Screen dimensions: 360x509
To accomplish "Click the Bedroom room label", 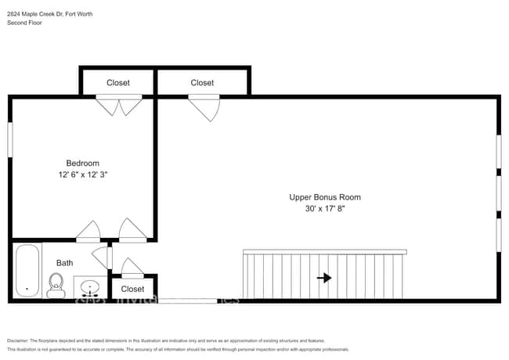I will coord(82,163).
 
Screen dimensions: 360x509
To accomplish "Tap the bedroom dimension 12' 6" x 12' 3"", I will coord(82,175).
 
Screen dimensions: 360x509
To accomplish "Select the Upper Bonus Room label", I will coord(325,197).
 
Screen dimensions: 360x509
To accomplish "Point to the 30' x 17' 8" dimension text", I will coord(325,209).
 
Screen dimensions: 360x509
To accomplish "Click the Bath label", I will coord(64,264).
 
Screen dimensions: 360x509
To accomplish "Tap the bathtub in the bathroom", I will coord(27,272).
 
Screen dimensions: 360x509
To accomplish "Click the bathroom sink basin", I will coord(91,287).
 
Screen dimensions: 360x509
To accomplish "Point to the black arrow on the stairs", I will coord(323,278).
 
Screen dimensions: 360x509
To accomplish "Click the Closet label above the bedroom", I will coord(118,83).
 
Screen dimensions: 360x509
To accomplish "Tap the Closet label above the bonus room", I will coord(202,83).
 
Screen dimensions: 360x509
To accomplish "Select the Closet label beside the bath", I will coord(132,289).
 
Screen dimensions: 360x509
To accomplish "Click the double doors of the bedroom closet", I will coord(118,105).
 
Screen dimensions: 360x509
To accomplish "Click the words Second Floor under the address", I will coord(24,23).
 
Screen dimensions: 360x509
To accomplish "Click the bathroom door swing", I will coord(101,256).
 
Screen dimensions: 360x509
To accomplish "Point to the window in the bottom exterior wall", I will coord(188,301).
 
